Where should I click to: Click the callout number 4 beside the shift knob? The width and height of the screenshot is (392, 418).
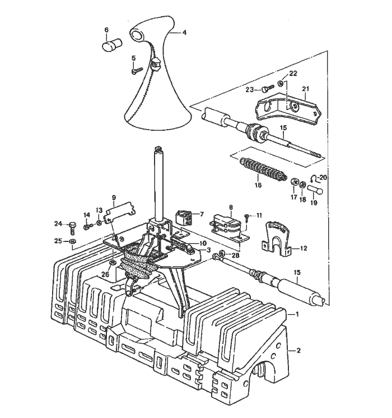click(x=184, y=33)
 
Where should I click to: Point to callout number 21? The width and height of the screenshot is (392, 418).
click(x=305, y=88)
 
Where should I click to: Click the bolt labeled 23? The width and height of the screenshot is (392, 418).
click(x=267, y=88)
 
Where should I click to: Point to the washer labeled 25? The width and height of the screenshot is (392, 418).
click(x=73, y=241)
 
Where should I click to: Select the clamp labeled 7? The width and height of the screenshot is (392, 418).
click(x=184, y=217)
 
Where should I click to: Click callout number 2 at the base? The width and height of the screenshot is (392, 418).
click(x=298, y=350)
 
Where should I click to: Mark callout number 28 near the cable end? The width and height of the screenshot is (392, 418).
click(x=235, y=255)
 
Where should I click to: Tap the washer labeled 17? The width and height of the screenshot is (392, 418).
click(x=294, y=182)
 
